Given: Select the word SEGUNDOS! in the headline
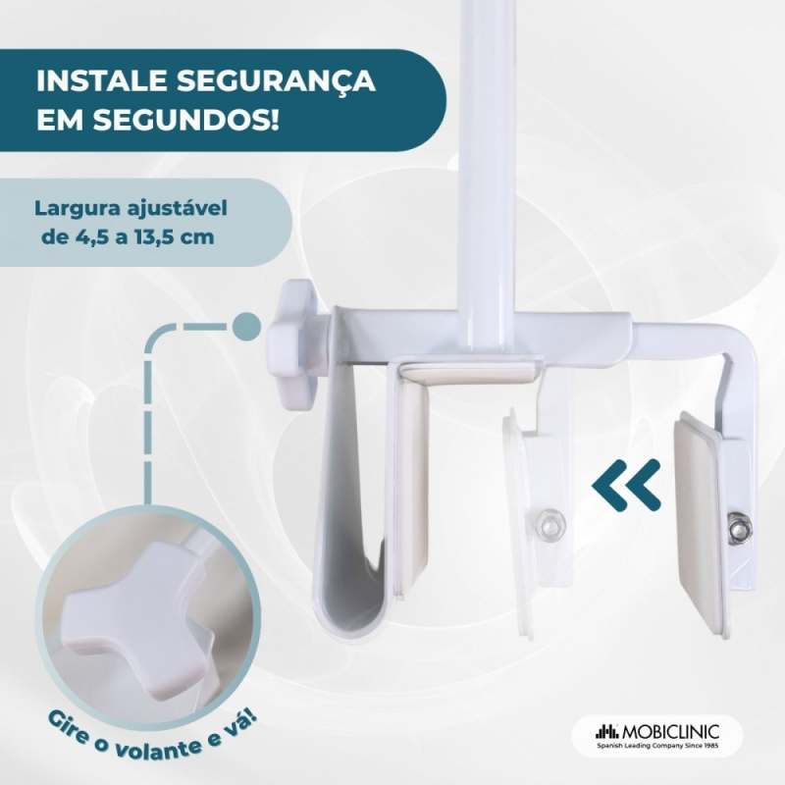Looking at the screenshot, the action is pyautogui.click(x=185, y=120).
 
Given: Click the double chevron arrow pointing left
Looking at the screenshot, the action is pyautogui.click(x=626, y=485).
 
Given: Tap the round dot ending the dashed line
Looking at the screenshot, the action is pyautogui.click(x=247, y=327).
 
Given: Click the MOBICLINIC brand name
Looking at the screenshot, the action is pyautogui.click(x=671, y=732).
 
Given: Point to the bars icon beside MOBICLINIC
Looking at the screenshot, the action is pyautogui.click(x=607, y=731).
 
